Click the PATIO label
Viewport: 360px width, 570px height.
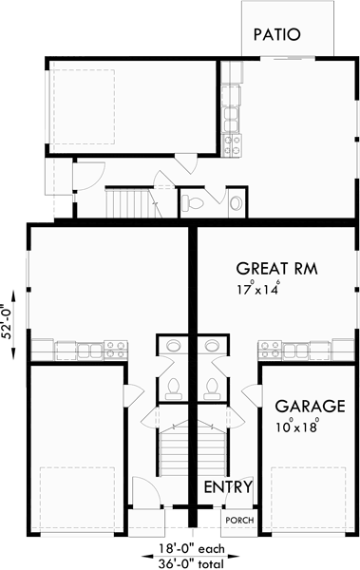[276, 35]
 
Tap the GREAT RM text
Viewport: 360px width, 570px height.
[276, 267]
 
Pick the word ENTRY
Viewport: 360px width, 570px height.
[228, 487]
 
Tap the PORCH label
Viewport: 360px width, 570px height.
[236, 521]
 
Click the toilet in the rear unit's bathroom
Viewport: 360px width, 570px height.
[193, 201]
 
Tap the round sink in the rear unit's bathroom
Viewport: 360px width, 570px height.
[234, 201]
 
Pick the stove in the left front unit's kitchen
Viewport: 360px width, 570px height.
[113, 349]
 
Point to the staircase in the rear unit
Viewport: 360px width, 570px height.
[127, 201]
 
